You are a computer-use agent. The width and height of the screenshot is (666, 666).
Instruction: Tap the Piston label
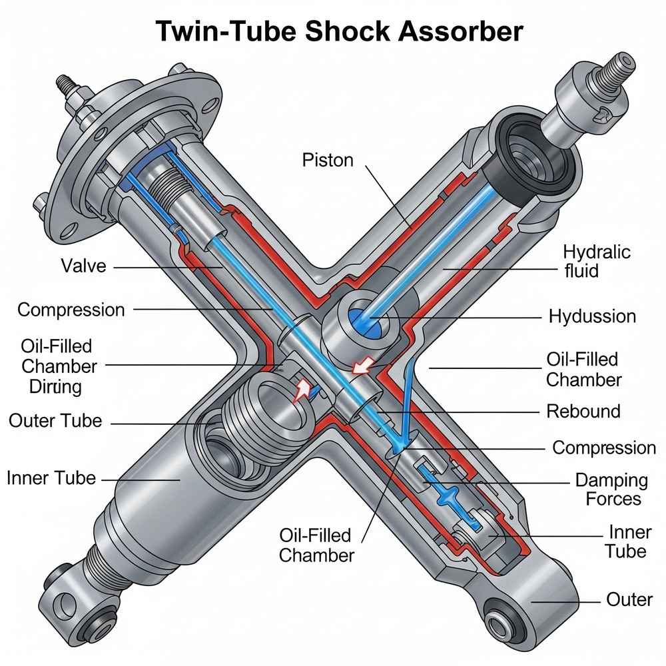(x=327, y=161)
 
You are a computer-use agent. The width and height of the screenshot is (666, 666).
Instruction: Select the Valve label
(x=83, y=266)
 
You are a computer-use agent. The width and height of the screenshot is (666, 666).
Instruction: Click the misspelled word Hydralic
(x=596, y=252)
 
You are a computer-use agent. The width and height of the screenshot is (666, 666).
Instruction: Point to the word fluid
(x=581, y=271)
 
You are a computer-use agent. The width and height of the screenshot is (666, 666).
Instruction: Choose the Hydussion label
(x=592, y=316)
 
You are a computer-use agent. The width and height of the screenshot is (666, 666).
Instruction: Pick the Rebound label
(x=583, y=411)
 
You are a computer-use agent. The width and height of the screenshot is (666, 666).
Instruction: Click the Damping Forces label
(x=611, y=489)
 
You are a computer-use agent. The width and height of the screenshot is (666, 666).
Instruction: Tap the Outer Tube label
(x=55, y=420)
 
